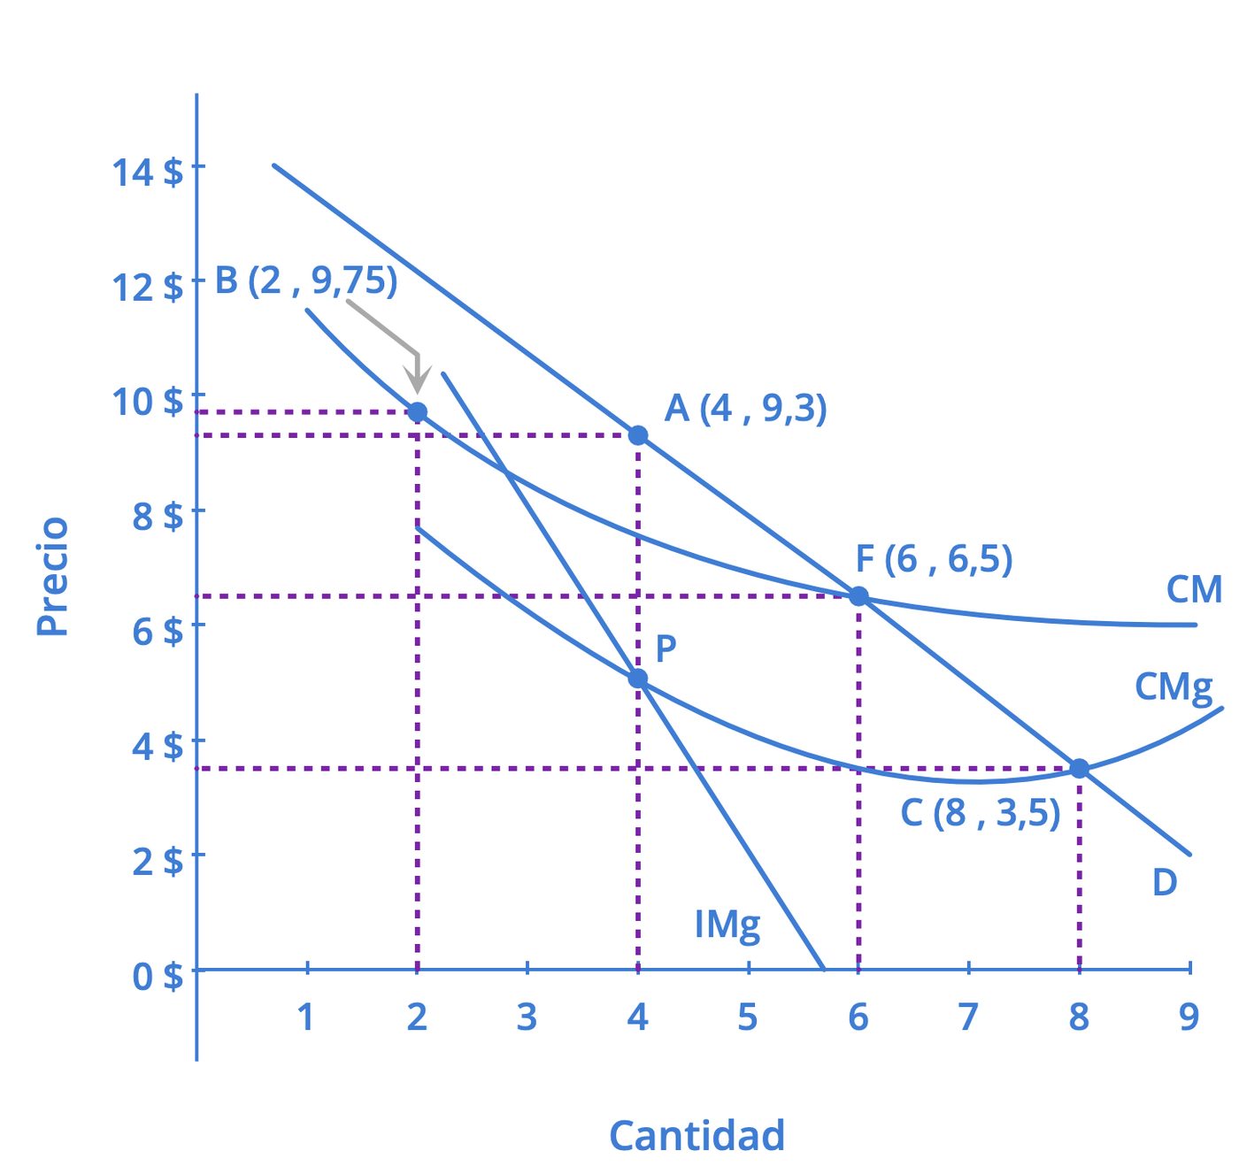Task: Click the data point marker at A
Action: [638, 434]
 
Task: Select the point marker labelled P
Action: [638, 679]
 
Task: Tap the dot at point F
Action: [858, 596]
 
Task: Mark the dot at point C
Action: [1080, 768]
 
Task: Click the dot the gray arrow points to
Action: [417, 412]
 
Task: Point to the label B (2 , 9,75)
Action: [306, 281]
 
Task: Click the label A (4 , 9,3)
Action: [745, 409]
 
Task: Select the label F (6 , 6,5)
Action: [934, 560]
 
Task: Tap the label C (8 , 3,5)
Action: [981, 813]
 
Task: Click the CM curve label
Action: [1194, 590]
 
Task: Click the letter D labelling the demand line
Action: [1165, 882]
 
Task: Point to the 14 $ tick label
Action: [148, 172]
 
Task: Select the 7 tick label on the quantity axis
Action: [969, 1017]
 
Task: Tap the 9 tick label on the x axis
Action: [1189, 1017]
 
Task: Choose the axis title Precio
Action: [52, 576]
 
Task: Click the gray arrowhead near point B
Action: [417, 380]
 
